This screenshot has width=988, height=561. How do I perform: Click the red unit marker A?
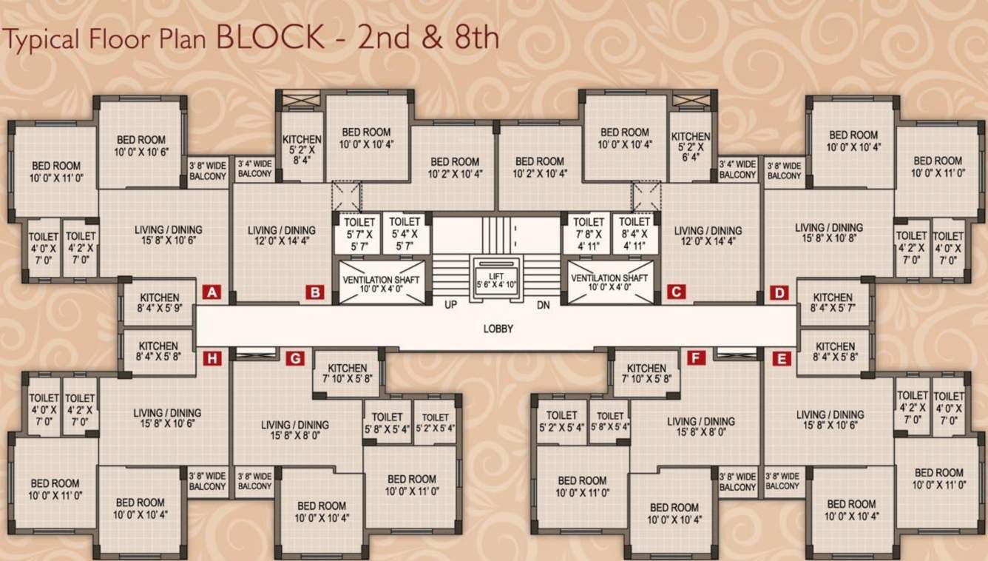click(212, 292)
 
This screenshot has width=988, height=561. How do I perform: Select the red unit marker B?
click(316, 292)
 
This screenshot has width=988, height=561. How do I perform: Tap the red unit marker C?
click(675, 292)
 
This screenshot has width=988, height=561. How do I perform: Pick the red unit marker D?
click(779, 292)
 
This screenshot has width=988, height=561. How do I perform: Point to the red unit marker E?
click(781, 359)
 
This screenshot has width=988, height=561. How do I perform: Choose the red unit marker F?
click(695, 359)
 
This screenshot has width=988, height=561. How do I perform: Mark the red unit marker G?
click(295, 359)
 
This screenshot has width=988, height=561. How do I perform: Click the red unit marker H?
click(212, 359)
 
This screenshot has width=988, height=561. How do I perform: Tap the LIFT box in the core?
click(495, 279)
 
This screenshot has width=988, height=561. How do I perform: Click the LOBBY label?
click(498, 329)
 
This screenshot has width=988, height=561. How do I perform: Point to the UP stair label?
click(450, 305)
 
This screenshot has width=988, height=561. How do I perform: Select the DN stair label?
click(544, 305)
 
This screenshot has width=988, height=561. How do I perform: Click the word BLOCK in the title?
click(271, 37)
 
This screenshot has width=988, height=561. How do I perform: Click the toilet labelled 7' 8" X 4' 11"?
click(589, 233)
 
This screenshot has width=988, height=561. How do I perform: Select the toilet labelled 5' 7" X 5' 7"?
click(359, 233)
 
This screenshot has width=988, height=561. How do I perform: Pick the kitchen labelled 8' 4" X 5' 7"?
click(833, 303)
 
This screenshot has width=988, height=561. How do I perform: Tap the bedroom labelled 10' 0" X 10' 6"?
click(141, 146)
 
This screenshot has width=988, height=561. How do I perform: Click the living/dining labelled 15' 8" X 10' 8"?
click(828, 233)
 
